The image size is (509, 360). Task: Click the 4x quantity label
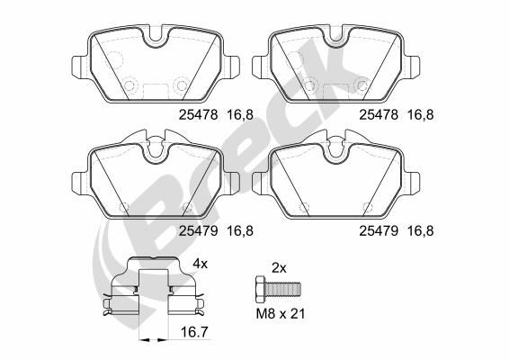point(200,264)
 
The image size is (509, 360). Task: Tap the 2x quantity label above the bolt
point(279,268)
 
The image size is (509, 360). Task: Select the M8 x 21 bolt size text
point(281,314)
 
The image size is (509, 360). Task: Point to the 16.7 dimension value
point(194,332)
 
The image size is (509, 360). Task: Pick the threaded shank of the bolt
point(282,288)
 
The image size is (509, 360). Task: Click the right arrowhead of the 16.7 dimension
point(164,340)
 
